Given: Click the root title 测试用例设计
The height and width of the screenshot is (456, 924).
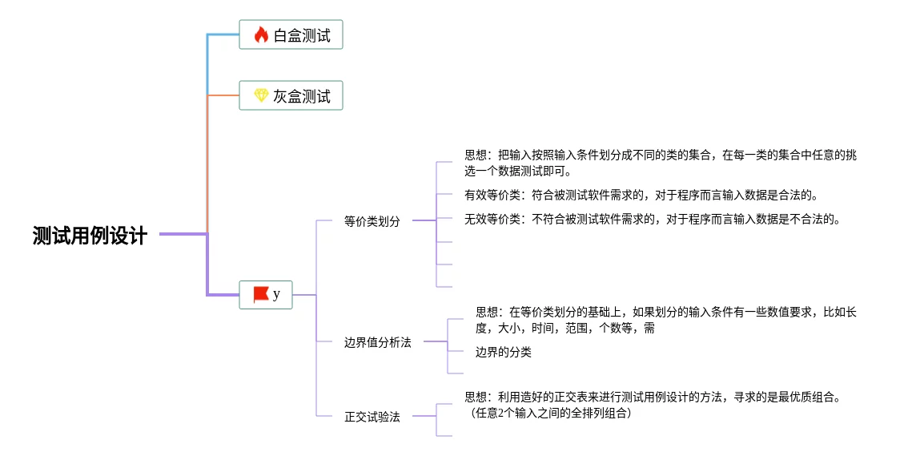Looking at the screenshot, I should click(90, 236).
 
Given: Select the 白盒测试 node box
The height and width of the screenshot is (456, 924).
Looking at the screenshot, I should click(291, 34).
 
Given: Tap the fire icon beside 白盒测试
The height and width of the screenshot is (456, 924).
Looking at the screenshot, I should click(261, 34).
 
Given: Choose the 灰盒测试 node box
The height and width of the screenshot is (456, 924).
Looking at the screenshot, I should click(291, 96).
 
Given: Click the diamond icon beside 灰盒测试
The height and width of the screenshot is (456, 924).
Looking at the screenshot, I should click(261, 96).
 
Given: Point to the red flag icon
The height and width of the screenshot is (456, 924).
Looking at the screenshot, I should click(261, 294).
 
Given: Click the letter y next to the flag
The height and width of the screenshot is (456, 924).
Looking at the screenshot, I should click(277, 294).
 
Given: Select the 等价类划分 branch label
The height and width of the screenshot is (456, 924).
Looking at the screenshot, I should click(372, 221).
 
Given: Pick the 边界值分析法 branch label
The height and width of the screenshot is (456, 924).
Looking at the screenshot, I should click(377, 342).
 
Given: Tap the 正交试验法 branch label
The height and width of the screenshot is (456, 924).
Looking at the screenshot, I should click(372, 417).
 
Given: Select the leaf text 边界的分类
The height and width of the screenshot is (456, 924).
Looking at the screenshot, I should click(503, 352).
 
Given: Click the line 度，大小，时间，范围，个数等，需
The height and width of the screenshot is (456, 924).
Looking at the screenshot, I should click(564, 328).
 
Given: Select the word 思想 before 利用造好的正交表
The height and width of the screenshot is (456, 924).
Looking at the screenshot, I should click(476, 397).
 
